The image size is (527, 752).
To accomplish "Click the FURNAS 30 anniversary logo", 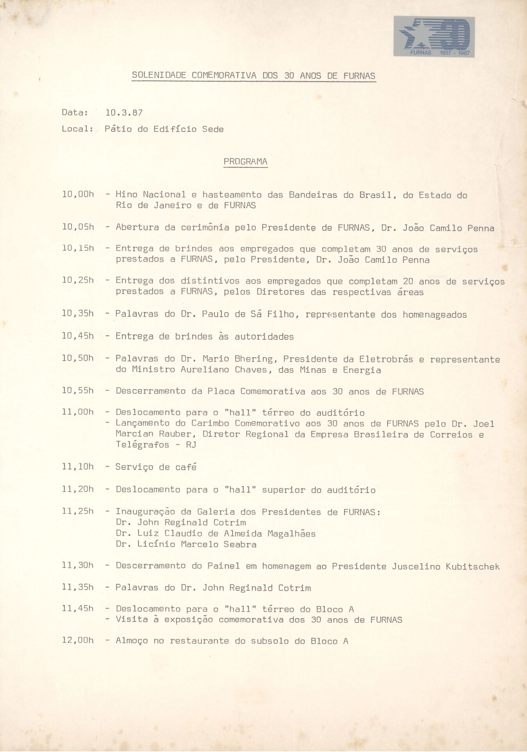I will click(x=434, y=37).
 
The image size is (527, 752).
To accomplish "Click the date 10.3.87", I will click(x=124, y=113).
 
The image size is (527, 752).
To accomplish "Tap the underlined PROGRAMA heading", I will click(x=245, y=162).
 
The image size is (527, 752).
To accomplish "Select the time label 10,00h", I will click(x=78, y=194).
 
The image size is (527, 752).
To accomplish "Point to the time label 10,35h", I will click(x=78, y=313).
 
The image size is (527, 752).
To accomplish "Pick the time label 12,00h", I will click(x=78, y=640).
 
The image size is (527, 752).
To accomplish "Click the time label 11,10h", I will click(x=78, y=466).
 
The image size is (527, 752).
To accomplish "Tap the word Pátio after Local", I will click(x=118, y=129).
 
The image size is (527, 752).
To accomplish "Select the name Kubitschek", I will click(x=473, y=567).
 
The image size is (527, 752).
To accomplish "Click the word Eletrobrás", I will click(x=386, y=359).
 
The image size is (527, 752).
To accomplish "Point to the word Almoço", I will click(x=132, y=641).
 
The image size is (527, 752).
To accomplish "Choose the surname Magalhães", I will click(x=291, y=533).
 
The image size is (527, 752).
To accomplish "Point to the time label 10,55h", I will click(x=78, y=390).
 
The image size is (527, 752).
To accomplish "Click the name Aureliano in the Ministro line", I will click(x=205, y=370).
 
